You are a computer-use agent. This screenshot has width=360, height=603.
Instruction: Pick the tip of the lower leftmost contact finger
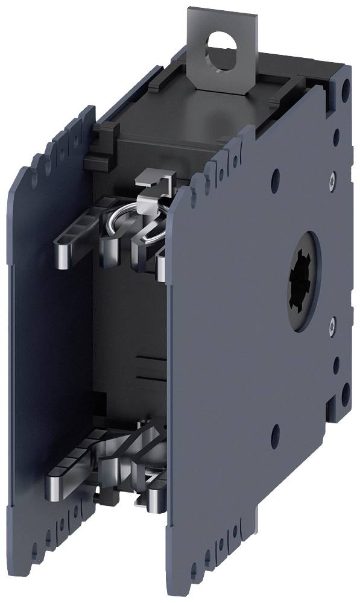pos(55,482)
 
